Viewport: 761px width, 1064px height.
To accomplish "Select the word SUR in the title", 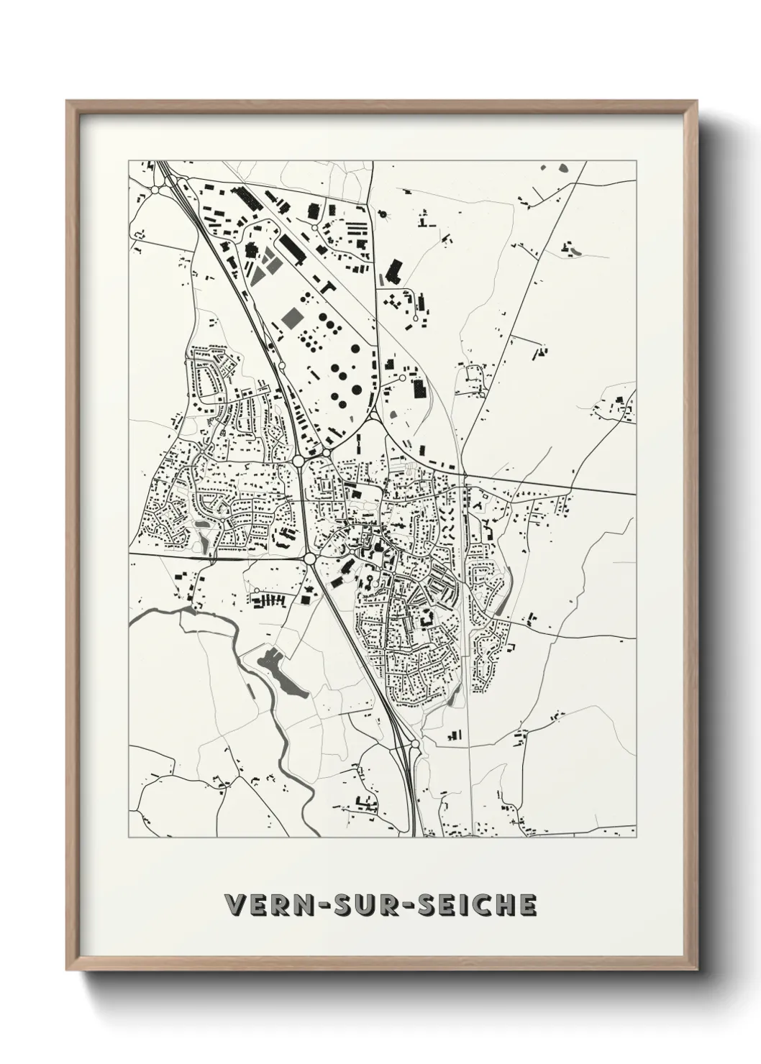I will [x=360, y=904].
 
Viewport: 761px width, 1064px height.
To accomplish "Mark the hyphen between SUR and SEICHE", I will [x=406, y=905].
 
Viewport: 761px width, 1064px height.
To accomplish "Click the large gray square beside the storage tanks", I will [x=293, y=316].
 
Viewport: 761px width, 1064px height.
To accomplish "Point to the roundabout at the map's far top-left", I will [x=154, y=191].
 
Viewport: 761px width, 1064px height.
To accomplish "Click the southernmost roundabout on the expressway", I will [x=415, y=744].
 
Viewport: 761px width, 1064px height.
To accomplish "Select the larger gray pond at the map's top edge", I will [x=562, y=168].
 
